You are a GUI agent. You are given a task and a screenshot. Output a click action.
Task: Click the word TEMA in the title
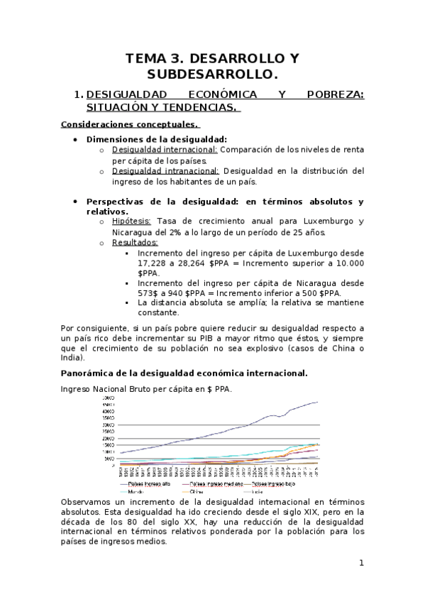click(x=150, y=58)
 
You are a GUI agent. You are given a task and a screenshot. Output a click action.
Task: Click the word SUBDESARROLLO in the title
click(x=212, y=74)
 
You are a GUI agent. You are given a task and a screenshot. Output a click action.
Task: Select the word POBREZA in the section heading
click(x=335, y=94)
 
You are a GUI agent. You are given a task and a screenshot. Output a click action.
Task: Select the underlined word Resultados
click(x=136, y=242)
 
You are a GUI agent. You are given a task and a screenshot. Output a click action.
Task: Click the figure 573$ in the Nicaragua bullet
click(x=149, y=292)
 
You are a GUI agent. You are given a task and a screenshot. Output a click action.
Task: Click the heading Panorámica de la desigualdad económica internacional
click(x=184, y=373)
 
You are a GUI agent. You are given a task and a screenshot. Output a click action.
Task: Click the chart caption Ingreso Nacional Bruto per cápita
click(x=142, y=388)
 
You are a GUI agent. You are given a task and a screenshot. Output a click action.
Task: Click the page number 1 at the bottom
click(x=361, y=564)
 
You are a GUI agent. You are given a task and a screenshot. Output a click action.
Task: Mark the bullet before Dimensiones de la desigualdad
click(x=75, y=140)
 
